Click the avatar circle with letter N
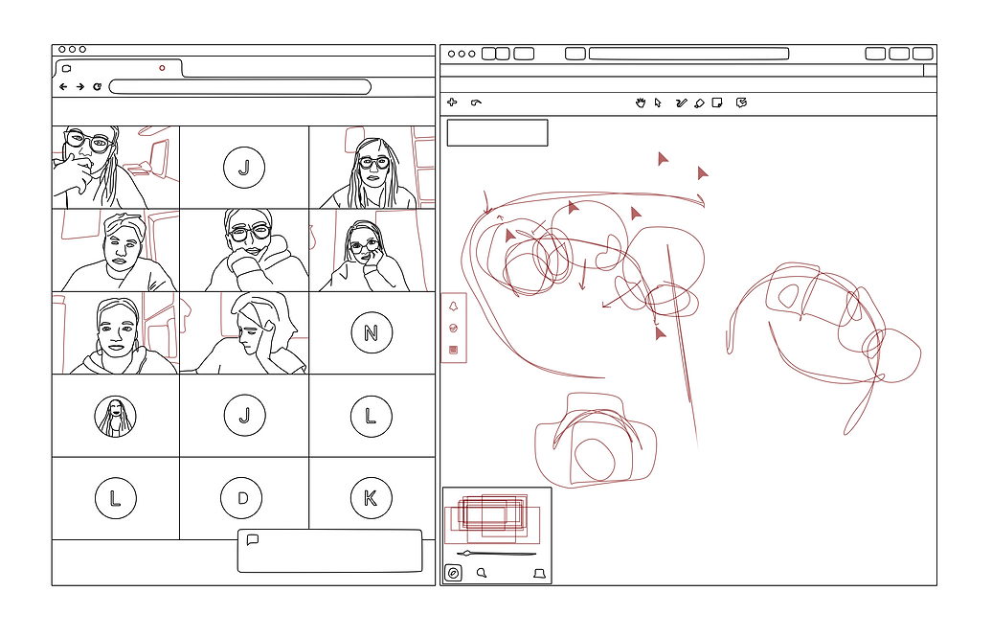tap(372, 332)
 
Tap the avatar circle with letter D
tap(241, 498)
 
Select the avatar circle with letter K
tap(372, 498)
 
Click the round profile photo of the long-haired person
tap(115, 417)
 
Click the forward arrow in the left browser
tap(80, 87)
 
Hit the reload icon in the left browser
tap(97, 87)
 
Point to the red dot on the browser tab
tap(162, 68)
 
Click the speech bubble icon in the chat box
tap(253, 539)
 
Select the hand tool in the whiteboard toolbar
tap(641, 102)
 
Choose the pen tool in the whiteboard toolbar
tap(681, 102)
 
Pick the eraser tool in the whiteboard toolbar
tap(699, 103)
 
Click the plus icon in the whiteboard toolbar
tap(452, 102)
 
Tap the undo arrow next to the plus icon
tap(476, 102)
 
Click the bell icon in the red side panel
tap(453, 307)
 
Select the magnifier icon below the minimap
tap(482, 573)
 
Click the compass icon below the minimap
tap(453, 573)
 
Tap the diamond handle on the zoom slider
tap(467, 554)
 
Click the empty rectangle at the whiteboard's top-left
tap(497, 132)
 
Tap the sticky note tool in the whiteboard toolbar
tap(717, 102)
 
